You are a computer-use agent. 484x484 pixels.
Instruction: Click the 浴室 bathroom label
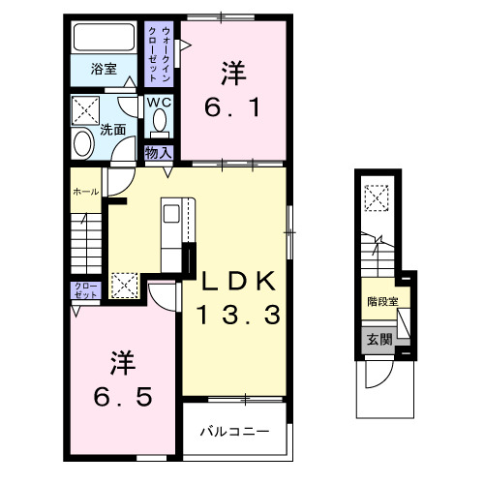[x=104, y=69]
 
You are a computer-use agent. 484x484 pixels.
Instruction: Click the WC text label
[x=158, y=101]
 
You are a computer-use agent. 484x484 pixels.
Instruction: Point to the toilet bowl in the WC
[x=159, y=122]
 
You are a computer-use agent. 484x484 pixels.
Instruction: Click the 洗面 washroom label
[x=113, y=128]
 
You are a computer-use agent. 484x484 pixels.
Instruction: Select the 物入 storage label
[x=159, y=151]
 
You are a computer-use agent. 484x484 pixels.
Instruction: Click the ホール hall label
[x=84, y=193]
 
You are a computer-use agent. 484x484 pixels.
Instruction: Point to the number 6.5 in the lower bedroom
[x=122, y=396]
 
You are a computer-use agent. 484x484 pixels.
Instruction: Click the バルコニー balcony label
[x=235, y=430]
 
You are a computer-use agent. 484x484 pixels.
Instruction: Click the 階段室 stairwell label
[x=381, y=302]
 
